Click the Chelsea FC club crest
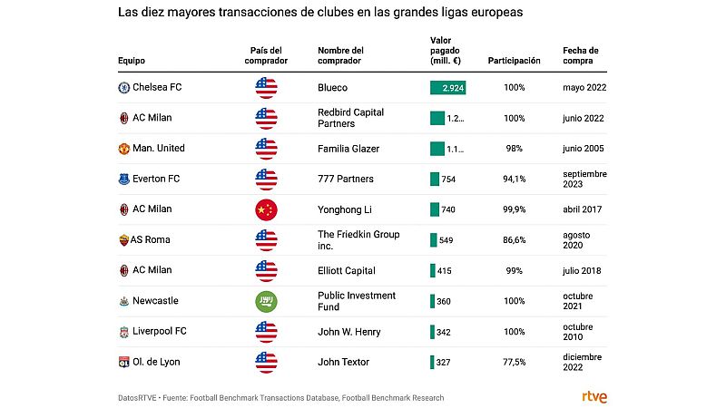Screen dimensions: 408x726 (123, 87)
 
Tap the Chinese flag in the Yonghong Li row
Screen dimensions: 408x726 (266, 209)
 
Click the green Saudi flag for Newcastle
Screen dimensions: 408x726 (266, 301)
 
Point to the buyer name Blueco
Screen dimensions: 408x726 (333, 87)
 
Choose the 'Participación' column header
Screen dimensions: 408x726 (514, 61)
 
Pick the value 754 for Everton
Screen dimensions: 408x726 (448, 180)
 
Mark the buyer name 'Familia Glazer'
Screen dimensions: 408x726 (348, 148)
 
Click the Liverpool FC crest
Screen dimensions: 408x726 (123, 332)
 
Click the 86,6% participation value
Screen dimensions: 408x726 (514, 240)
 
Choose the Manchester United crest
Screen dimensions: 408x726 (123, 148)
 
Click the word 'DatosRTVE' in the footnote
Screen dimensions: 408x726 (142, 397)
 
